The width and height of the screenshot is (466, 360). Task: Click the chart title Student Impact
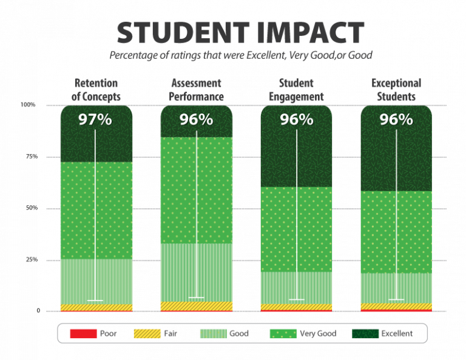pyautogui.click(x=240, y=33)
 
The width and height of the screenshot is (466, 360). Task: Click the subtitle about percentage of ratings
pyautogui.click(x=240, y=55)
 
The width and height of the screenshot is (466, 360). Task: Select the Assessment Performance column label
pyautogui.click(x=196, y=89)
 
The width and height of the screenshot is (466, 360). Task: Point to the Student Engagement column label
pyautogui.click(x=296, y=89)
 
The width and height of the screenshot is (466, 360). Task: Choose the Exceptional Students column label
pyautogui.click(x=396, y=89)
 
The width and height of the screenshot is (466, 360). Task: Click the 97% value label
pyautogui.click(x=95, y=120)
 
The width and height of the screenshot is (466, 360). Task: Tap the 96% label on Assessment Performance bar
pyautogui.click(x=196, y=120)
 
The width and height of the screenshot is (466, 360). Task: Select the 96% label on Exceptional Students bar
pyautogui.click(x=396, y=120)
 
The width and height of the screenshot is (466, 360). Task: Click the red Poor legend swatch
pyautogui.click(x=83, y=333)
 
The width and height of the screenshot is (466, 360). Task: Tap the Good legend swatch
pyautogui.click(x=212, y=333)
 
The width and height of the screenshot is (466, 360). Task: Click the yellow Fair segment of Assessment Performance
pyautogui.click(x=176, y=305)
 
